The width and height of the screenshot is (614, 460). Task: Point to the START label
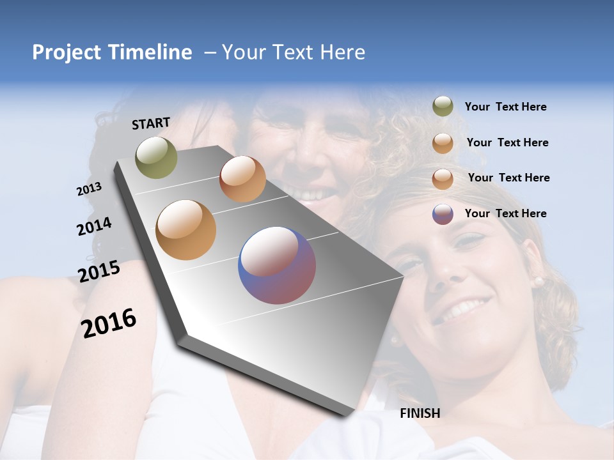pos(151,123)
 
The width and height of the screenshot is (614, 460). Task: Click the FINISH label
pos(420,413)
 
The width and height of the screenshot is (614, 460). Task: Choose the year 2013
pos(89,189)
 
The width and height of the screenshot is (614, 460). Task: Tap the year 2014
pos(94,226)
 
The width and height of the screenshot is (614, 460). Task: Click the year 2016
pos(109,323)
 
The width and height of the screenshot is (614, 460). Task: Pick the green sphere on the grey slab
pos(157,157)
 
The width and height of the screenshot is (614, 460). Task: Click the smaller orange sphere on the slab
pos(242,179)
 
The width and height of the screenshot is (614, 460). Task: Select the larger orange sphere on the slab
pos(186,230)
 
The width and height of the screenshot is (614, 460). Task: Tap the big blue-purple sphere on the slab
pos(277,265)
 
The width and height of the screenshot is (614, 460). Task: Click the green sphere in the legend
pos(443,107)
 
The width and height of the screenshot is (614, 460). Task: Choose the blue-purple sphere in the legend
pos(443,214)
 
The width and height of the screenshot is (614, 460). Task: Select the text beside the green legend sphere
pos(505,107)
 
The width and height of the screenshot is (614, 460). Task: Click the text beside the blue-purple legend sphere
pos(505,213)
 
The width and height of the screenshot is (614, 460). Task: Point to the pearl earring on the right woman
pos(539,281)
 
